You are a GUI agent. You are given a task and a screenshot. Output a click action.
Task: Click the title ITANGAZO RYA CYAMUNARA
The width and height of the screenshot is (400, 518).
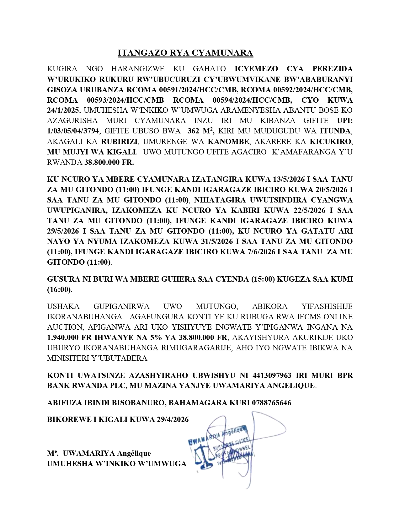pos(185,53)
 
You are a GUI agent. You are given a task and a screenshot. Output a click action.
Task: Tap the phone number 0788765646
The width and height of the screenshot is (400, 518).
pos(271,402)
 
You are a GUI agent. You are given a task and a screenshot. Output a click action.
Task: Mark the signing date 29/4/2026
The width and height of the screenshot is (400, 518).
pos(172,419)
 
